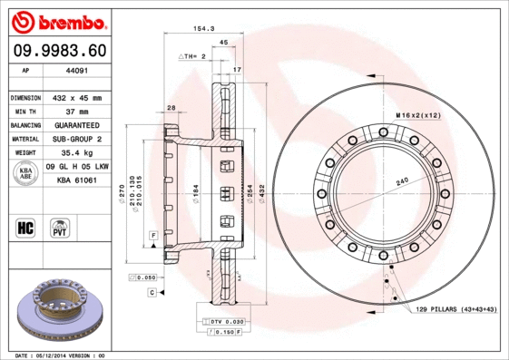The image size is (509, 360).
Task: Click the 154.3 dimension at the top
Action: (x=203, y=29)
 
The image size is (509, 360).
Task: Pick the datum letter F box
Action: (x=154, y=235)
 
